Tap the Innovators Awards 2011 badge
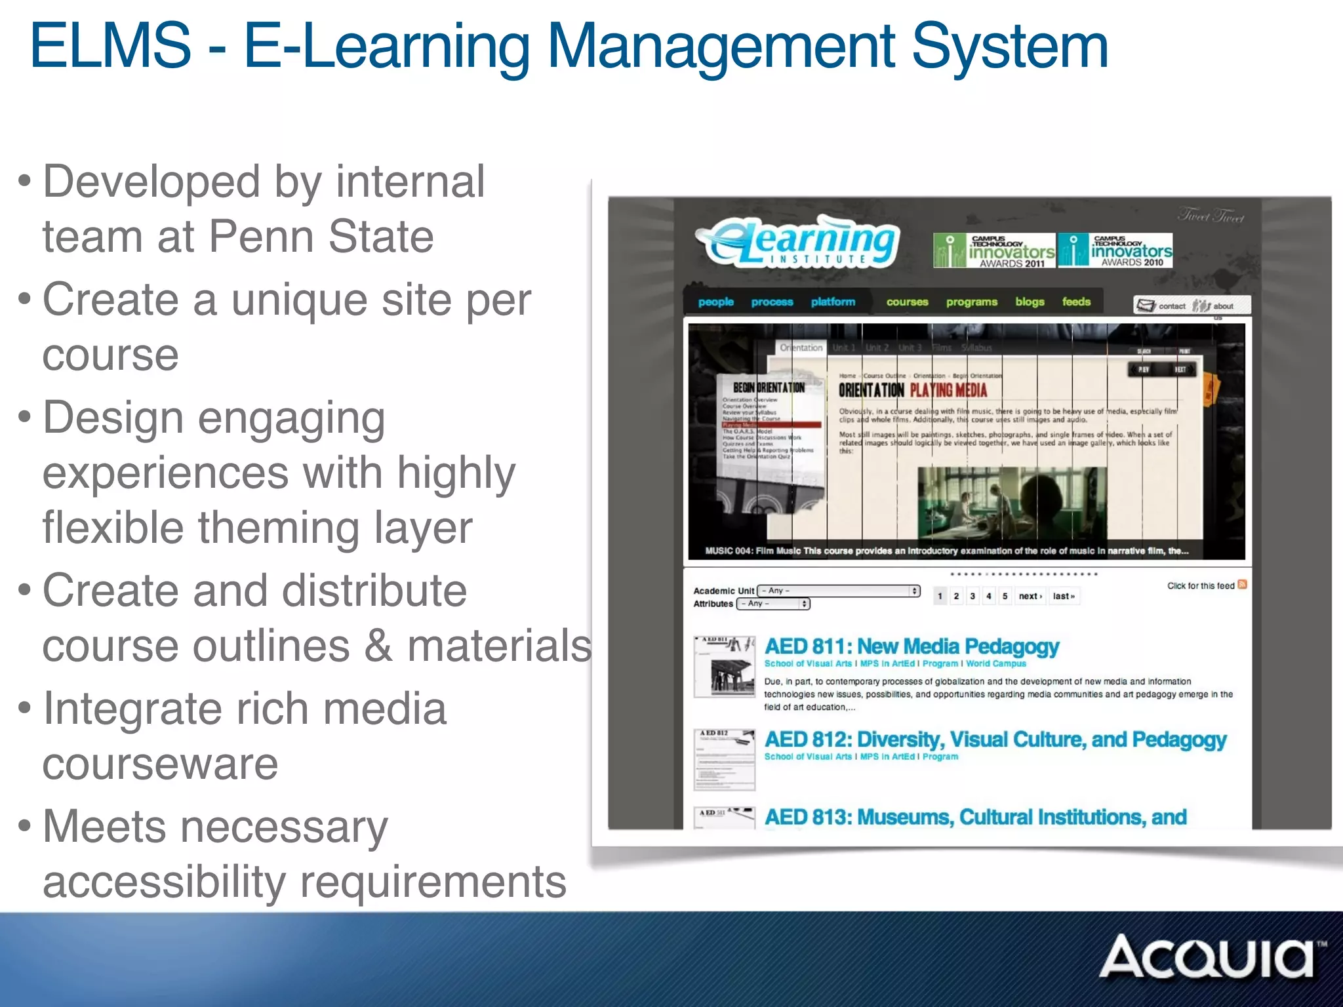click(x=994, y=250)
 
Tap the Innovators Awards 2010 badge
click(x=1115, y=250)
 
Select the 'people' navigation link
click(x=715, y=302)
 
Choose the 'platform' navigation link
click(x=833, y=302)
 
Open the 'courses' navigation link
click(x=907, y=302)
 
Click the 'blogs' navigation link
click(x=1030, y=302)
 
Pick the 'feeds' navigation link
click(x=1076, y=302)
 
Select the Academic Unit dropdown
click(x=839, y=591)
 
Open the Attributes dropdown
click(x=773, y=604)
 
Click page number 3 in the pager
click(x=972, y=596)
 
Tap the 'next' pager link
click(x=1030, y=596)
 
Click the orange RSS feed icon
click(x=1242, y=585)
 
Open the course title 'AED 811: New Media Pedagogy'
click(x=912, y=646)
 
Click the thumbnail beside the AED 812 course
click(x=725, y=759)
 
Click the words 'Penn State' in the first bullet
click(x=321, y=236)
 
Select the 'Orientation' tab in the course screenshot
click(x=801, y=347)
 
